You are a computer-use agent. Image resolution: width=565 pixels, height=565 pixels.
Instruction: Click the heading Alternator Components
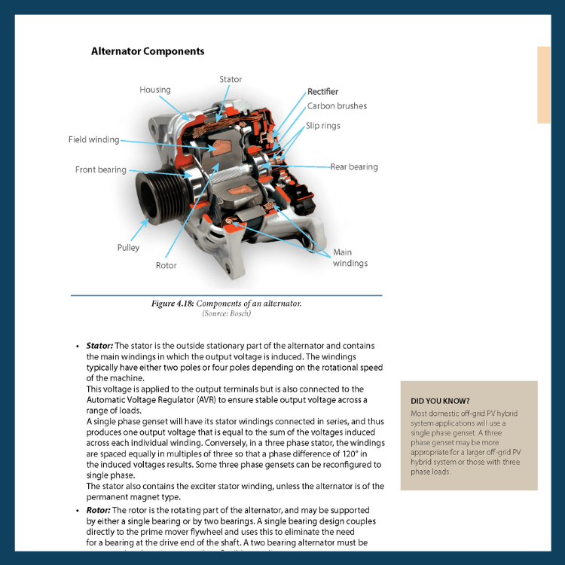click(148, 52)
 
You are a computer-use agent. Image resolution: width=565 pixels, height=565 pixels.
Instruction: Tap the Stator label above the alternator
click(231, 79)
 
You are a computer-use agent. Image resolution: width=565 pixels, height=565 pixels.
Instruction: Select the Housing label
click(155, 90)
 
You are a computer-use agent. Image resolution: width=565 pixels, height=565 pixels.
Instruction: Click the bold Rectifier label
click(322, 92)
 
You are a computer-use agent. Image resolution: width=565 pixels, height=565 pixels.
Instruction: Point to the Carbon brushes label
click(337, 106)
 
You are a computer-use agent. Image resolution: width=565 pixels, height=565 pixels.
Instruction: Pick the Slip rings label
click(322, 126)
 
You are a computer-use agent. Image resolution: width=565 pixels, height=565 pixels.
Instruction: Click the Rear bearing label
click(354, 166)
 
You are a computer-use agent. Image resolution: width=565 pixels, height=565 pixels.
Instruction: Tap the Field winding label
click(93, 139)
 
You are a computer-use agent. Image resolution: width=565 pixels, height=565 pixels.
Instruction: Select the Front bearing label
click(101, 169)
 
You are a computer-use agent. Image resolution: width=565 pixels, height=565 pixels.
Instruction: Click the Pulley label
click(128, 247)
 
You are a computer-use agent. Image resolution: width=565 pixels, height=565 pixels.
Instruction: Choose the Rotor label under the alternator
click(166, 265)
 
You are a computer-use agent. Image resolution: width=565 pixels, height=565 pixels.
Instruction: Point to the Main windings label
click(350, 258)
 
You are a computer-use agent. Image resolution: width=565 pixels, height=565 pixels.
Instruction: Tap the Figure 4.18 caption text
click(226, 304)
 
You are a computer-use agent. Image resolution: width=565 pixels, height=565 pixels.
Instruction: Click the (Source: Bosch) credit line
click(226, 313)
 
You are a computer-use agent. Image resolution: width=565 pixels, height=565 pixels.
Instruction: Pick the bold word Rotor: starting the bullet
click(99, 511)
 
